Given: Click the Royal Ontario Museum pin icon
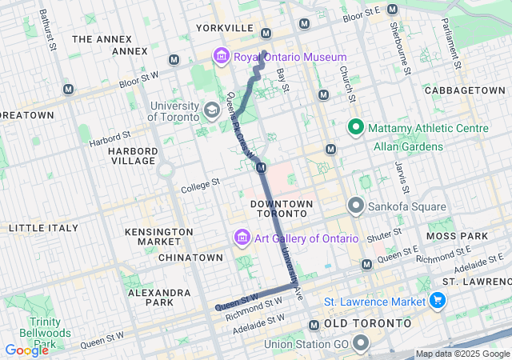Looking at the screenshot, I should [221, 57].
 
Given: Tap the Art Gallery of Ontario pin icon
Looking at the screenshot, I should [241, 238].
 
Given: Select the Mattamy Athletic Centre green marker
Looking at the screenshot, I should [355, 128].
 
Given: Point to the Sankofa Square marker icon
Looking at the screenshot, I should [355, 207].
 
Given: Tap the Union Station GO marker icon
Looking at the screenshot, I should [361, 345].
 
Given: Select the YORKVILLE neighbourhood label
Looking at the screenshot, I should [224, 28].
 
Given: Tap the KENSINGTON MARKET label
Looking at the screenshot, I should [159, 237].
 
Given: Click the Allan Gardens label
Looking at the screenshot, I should [408, 147].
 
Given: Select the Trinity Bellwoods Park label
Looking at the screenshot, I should [33, 332].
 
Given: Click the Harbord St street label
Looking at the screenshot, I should [109, 140].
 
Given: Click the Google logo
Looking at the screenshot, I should [26, 350].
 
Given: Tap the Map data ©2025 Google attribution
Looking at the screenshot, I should [462, 354].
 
